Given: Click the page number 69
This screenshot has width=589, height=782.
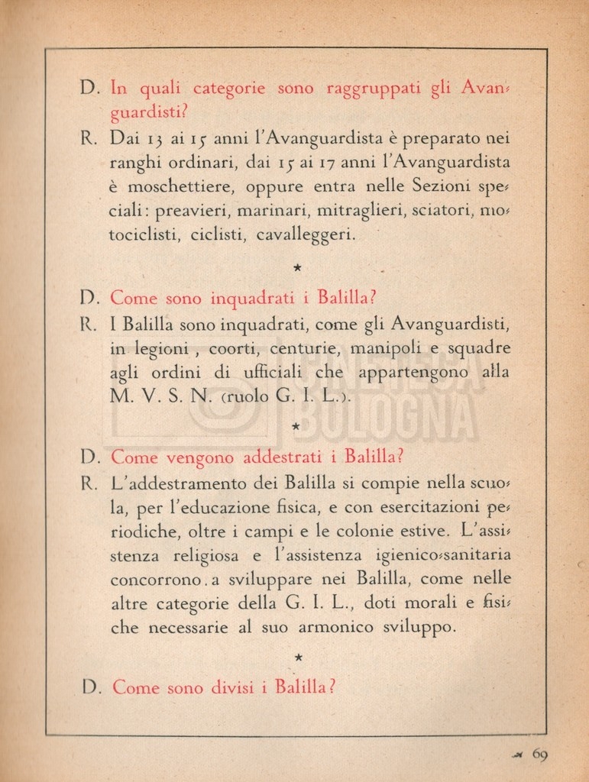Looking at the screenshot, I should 539,755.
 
